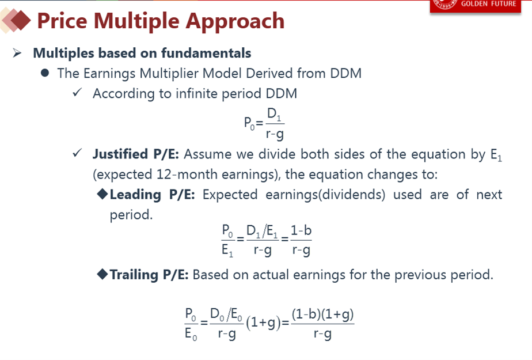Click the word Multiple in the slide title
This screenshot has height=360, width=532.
point(136,21)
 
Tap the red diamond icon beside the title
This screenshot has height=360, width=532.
point(21,20)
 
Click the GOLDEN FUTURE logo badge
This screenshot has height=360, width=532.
point(476,5)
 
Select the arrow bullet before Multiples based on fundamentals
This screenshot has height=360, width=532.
point(17,53)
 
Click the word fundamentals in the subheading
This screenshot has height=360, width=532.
point(206,53)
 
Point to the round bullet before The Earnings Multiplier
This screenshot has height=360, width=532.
point(45,73)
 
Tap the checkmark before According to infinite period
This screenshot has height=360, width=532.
point(77,92)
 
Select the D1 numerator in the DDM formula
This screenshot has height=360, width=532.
point(274,115)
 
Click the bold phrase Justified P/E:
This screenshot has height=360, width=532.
point(136,154)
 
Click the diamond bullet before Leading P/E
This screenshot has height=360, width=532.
point(102,194)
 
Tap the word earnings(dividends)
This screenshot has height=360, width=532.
point(325,195)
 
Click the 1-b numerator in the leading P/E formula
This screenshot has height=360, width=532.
point(301,230)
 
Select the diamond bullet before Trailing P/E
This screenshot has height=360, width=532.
point(102,274)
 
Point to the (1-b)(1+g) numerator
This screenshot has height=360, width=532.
point(322,314)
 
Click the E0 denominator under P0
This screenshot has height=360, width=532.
point(191,335)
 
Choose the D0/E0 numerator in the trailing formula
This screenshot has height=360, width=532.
point(226,314)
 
